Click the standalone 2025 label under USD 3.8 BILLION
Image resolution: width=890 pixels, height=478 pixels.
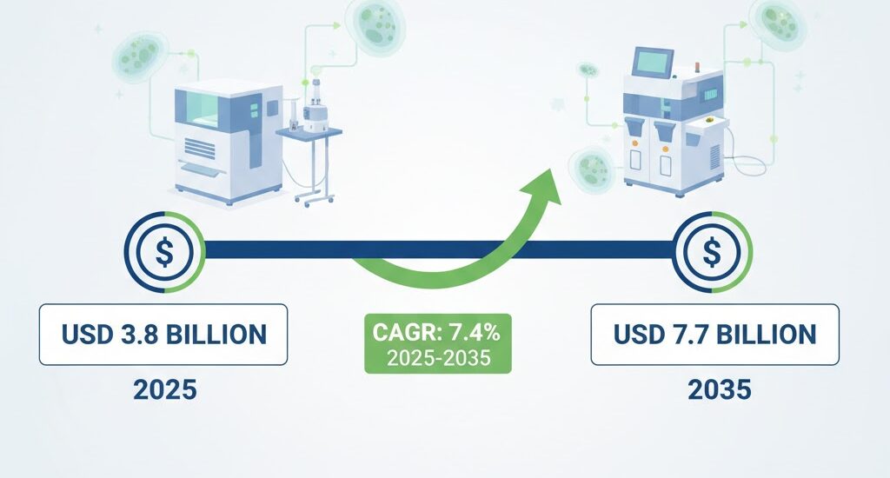(x=164, y=389)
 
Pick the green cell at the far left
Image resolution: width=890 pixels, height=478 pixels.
(x=136, y=55)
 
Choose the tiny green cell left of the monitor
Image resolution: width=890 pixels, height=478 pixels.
(x=588, y=67)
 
